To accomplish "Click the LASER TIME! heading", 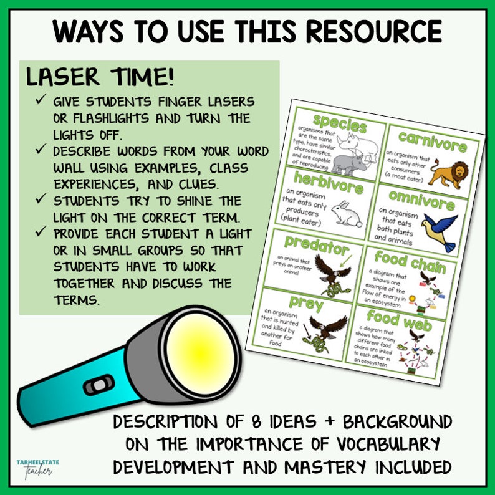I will coord(100,77).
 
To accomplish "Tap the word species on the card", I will coord(339,122).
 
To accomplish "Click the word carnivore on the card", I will coord(433,143).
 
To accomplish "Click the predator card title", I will coord(317,245).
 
